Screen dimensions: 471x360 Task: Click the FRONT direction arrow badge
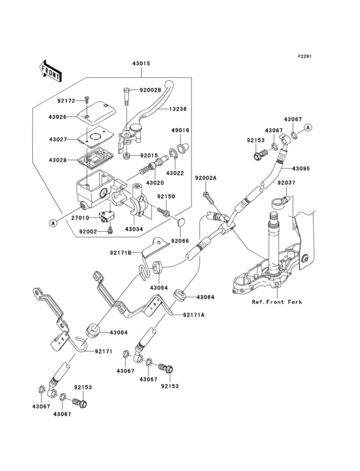50,70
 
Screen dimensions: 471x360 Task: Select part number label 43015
141,64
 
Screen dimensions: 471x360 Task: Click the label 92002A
206,178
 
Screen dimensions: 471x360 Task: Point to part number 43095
301,169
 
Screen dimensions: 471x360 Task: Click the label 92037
287,182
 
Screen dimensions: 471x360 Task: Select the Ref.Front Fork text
276,301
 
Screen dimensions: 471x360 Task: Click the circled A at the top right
308,128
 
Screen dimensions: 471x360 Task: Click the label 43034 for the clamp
134,229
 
